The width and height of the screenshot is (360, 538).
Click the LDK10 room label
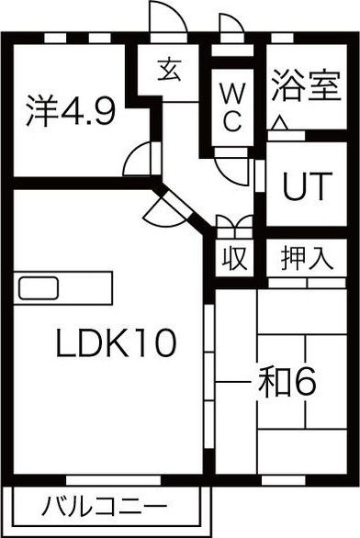click(x=115, y=344)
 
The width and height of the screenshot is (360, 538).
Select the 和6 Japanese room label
click(x=286, y=381)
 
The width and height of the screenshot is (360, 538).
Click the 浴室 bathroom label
click(x=298, y=91)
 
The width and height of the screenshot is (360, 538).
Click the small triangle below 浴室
click(x=278, y=123)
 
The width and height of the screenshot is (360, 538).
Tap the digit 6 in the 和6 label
click(x=305, y=381)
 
